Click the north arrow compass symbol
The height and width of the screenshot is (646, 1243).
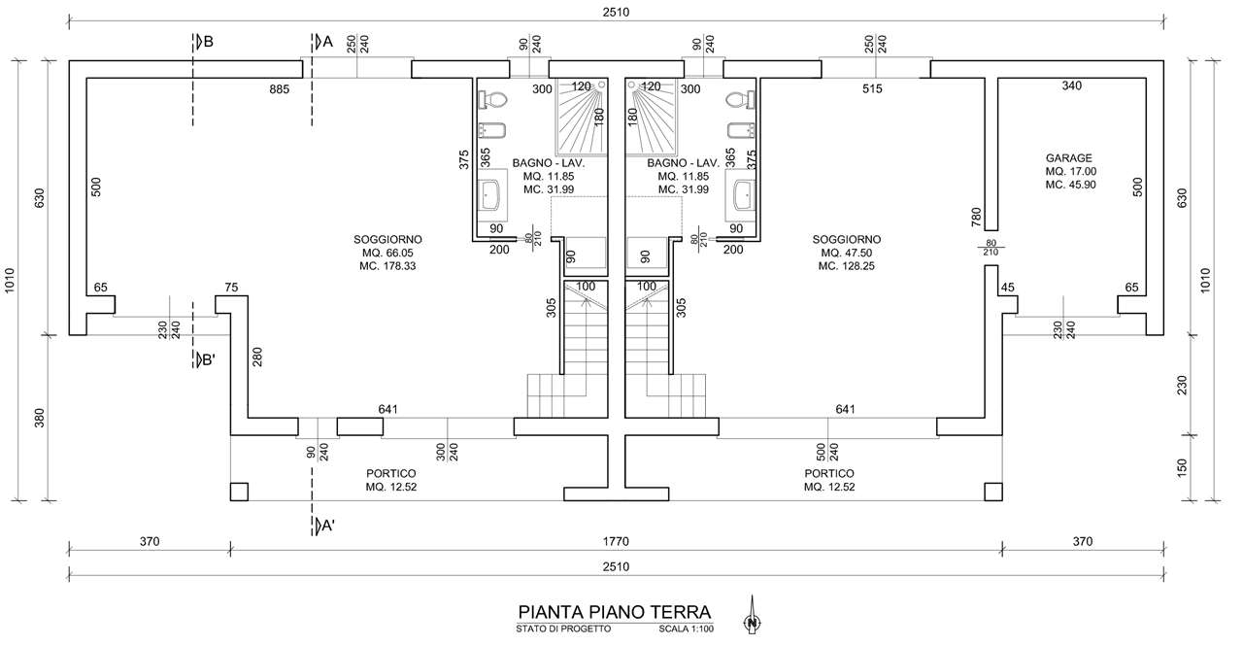752,615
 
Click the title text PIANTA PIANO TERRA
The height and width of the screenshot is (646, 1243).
615,612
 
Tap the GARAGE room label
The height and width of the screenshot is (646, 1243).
1069,158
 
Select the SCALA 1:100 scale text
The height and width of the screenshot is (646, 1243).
686,629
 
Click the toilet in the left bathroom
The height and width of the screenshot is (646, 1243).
492,100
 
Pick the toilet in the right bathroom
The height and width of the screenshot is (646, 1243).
740,100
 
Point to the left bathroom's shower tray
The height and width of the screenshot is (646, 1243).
581,117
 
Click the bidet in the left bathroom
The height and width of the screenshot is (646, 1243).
492,130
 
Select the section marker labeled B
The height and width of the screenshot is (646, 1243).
203,42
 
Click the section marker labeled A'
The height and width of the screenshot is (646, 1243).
324,525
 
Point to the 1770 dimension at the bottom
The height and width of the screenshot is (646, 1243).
616,541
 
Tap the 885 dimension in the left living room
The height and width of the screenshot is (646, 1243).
279,89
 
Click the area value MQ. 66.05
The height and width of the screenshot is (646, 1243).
387,254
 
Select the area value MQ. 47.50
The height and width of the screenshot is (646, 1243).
846,254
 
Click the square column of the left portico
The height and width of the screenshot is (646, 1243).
239,493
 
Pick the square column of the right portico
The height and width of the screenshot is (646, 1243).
993,493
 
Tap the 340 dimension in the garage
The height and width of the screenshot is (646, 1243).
1071,85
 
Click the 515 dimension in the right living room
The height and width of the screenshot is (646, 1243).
872,88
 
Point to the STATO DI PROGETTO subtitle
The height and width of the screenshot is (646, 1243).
563,629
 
